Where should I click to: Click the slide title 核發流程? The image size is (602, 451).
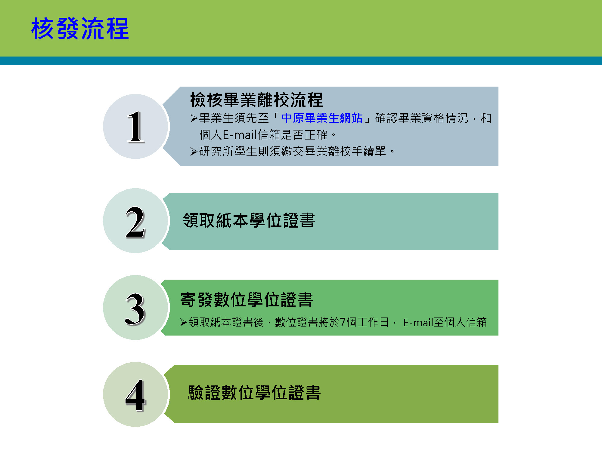[x=80, y=29]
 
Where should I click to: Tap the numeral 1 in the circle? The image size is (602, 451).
[x=136, y=127]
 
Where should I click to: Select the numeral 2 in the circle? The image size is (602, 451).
[x=135, y=222]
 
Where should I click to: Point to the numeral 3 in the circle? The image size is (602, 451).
[x=135, y=309]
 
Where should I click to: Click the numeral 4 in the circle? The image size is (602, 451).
[x=135, y=395]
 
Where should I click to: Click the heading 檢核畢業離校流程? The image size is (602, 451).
[x=256, y=100]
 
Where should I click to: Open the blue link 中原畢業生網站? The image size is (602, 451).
[x=322, y=118]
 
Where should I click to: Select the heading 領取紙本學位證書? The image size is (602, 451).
[x=249, y=220]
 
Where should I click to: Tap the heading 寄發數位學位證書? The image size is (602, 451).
[x=247, y=300]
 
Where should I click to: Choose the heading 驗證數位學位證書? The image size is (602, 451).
[x=254, y=393]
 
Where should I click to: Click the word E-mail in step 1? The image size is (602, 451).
[x=240, y=135]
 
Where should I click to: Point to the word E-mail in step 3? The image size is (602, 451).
[x=418, y=323]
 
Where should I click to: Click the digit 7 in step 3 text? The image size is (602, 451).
[x=343, y=322]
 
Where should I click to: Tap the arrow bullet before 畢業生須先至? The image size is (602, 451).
[x=194, y=118]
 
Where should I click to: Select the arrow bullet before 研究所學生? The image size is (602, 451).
[x=194, y=152]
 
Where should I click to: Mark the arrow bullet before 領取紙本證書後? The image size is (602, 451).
[x=184, y=323]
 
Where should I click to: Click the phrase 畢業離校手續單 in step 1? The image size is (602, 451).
[x=345, y=151]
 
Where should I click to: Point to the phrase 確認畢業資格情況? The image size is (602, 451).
[x=422, y=118]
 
